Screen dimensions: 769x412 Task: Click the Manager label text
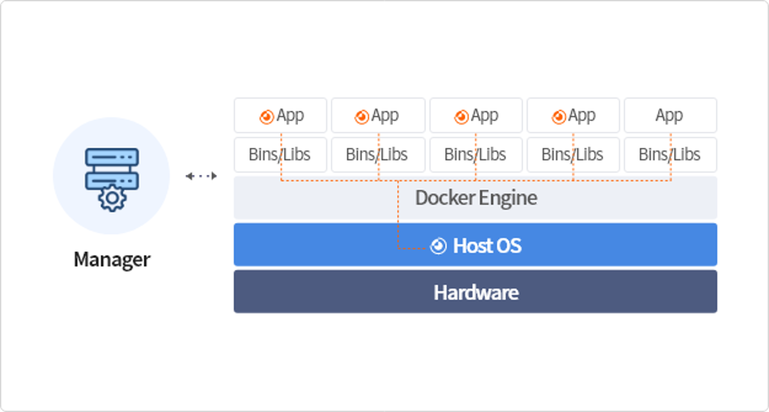click(x=112, y=260)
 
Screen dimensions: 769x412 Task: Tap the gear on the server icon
click(x=112, y=198)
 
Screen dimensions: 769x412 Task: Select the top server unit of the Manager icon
click(x=112, y=157)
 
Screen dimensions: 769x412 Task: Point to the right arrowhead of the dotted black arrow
click(x=214, y=176)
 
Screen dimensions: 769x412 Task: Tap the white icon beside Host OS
click(x=438, y=246)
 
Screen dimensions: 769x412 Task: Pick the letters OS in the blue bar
click(x=509, y=246)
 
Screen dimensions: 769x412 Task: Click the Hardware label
click(x=476, y=292)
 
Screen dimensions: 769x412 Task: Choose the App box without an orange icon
click(x=670, y=115)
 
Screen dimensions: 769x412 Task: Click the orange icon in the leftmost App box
click(x=267, y=117)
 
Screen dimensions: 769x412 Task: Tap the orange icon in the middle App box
click(x=461, y=117)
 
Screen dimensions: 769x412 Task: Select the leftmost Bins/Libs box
click(x=280, y=154)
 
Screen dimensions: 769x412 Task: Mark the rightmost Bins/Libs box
click(x=670, y=154)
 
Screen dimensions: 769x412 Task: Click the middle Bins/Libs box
click(x=476, y=154)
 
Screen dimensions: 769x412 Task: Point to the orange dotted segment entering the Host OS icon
click(x=412, y=248)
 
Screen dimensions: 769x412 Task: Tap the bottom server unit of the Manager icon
click(x=112, y=181)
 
